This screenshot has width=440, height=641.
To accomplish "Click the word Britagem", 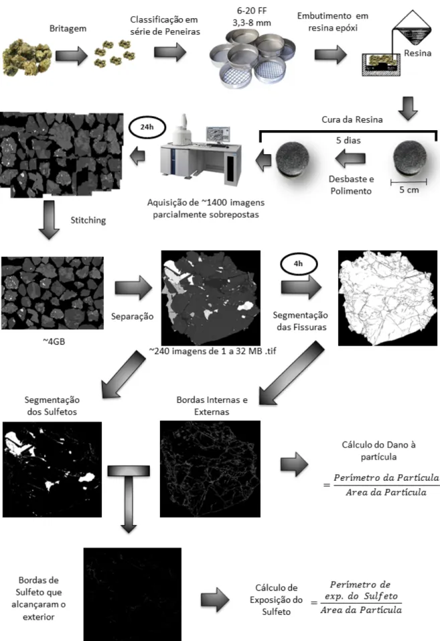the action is pos(68,29).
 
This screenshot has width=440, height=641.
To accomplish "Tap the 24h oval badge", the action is pos(147,127).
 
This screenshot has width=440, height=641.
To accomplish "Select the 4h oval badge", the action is pos(299,264).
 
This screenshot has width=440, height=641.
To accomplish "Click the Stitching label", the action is pos(88,220).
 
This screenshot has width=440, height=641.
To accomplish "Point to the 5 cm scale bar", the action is pos(409,182).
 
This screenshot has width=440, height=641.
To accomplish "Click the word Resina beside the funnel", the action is pos(417,53).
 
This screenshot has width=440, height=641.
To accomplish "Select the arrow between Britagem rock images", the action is pos(72,55).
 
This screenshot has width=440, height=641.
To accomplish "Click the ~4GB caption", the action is pos(54,342).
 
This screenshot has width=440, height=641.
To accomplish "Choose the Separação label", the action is pos(132,316).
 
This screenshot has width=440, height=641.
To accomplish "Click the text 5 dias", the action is pos(348,140).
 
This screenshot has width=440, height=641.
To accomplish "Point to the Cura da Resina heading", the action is pos(352,120).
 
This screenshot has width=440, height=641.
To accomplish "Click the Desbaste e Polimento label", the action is pos(351,185).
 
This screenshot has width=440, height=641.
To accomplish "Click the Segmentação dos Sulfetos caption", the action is pos(52,406).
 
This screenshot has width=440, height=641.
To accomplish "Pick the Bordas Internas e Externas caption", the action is pos(212,406).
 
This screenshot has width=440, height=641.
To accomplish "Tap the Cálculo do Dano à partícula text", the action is pos(378,451).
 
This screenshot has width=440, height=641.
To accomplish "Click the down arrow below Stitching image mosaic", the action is pos(49,220).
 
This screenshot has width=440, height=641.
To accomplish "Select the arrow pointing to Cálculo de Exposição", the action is pos(215,600).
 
